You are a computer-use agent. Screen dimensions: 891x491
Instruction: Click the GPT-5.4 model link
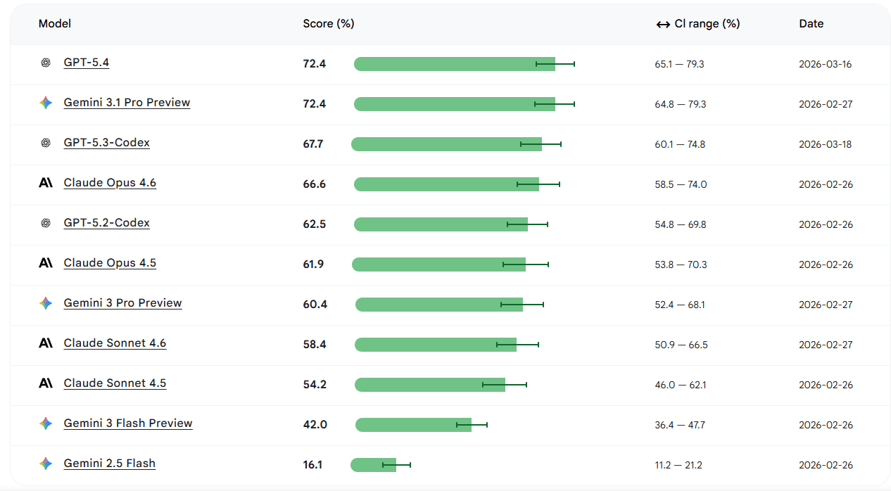(87, 63)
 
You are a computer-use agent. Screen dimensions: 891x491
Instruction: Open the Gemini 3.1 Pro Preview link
(127, 103)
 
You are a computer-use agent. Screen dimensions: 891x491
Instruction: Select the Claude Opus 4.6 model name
(110, 183)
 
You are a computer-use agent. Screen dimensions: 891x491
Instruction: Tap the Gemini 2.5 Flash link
(109, 464)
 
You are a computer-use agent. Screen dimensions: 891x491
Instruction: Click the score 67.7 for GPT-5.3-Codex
(313, 144)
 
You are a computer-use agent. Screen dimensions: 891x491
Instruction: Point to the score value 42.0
(315, 425)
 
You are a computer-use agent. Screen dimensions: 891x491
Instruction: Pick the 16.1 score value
(312, 465)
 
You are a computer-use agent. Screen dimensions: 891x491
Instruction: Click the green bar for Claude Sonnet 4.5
(430, 385)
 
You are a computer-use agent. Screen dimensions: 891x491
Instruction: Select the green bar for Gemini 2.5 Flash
(373, 465)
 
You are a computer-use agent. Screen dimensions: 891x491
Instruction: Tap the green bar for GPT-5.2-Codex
(441, 224)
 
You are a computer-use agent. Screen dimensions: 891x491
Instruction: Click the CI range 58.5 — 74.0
(681, 184)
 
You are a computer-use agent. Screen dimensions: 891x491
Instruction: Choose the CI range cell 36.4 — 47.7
(680, 425)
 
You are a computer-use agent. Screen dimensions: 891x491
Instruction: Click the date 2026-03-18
(826, 144)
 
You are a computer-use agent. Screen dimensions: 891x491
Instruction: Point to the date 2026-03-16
(826, 64)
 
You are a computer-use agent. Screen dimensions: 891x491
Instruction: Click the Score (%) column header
(329, 24)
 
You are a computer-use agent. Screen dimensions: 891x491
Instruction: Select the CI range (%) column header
(698, 24)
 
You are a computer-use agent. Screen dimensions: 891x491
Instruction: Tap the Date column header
(811, 24)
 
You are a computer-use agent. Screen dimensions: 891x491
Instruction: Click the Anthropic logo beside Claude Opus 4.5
(46, 263)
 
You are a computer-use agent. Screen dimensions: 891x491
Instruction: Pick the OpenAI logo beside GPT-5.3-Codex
(46, 143)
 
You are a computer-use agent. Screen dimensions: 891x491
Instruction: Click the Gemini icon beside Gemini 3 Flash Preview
(46, 423)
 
